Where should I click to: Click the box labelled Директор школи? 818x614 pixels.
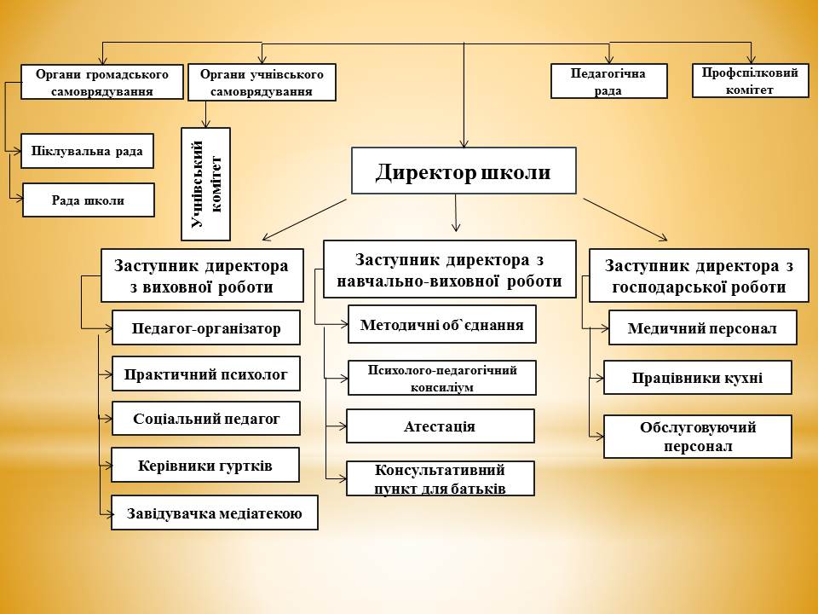point(464,171)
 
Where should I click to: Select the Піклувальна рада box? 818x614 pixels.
point(87,152)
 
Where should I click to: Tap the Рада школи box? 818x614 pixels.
point(89,200)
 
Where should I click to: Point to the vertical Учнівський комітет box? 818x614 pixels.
point(205,183)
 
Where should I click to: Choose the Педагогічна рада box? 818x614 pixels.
point(608,82)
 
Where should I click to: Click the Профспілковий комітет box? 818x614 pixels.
point(750,81)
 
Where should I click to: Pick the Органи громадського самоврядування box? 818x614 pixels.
point(101,82)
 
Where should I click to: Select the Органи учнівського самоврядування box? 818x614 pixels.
point(261,83)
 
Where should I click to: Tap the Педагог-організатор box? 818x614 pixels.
point(206,327)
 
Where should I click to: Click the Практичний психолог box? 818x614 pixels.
point(206,374)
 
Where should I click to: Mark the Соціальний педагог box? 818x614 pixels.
point(206,419)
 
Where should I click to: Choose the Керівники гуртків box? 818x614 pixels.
point(205,465)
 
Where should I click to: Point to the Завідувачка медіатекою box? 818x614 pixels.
point(214,513)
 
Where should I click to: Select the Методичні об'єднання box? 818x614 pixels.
point(442,324)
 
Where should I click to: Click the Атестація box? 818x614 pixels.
point(440,426)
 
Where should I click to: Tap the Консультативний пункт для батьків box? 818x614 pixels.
point(440,478)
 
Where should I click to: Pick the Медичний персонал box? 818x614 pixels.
point(702,327)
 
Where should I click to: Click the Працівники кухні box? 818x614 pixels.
point(697,378)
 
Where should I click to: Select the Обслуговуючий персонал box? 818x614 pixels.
point(697,436)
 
